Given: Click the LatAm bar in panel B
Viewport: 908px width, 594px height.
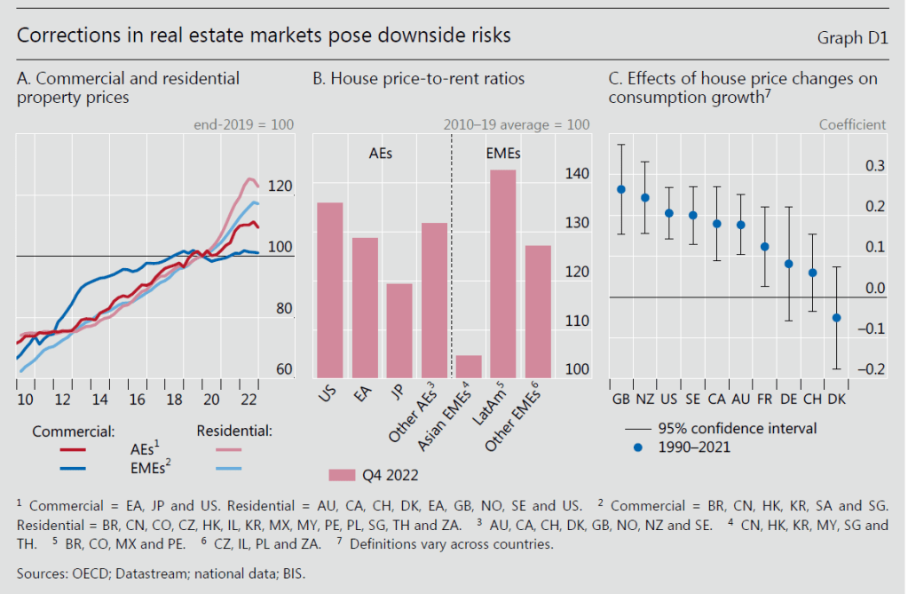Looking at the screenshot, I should (503, 273).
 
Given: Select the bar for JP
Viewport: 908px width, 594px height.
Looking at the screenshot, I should (399, 330).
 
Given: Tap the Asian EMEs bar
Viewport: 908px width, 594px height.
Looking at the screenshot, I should (469, 366).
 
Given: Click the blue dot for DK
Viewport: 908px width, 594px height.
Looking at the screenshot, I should (836, 318).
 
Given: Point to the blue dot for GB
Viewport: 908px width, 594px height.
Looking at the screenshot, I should (621, 189).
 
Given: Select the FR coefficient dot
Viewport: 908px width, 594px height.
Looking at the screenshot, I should (764, 247).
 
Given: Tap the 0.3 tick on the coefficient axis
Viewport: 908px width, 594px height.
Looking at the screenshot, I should (874, 166).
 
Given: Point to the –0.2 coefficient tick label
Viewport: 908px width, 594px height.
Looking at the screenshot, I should (872, 369).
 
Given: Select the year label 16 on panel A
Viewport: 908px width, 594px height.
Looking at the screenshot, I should (137, 398).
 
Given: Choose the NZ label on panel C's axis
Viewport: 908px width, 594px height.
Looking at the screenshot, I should (645, 399).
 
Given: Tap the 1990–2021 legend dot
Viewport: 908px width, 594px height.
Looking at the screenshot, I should (637, 447).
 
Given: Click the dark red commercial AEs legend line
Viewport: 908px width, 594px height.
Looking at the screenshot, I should (78, 449).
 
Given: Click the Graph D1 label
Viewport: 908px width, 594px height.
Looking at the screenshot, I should (852, 37).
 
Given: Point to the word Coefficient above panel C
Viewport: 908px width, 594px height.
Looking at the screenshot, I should (852, 124).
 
